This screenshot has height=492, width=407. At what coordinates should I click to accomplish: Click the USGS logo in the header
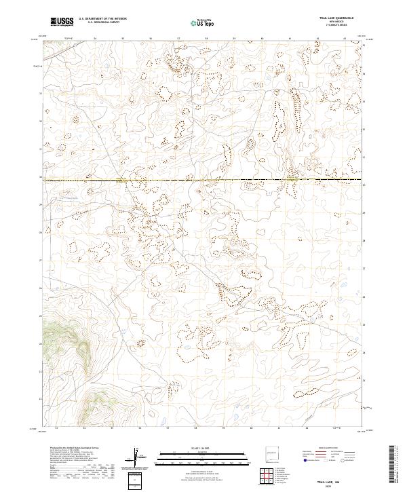(62, 22)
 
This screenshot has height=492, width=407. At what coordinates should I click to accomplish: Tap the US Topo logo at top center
(203, 22)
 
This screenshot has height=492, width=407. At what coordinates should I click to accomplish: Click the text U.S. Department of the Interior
(102, 19)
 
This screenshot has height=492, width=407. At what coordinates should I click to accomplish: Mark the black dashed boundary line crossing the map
(203, 180)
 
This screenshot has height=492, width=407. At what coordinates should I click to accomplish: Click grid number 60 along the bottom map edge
(251, 428)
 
